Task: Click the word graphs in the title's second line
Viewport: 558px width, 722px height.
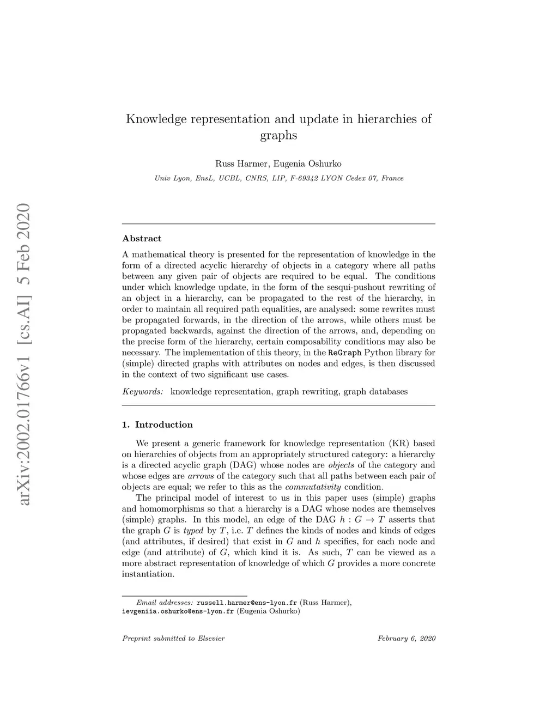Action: (278, 135)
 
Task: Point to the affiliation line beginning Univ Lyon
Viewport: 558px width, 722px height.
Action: (279, 178)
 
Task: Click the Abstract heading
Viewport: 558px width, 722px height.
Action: (142, 239)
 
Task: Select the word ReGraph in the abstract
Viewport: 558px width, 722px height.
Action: (345, 353)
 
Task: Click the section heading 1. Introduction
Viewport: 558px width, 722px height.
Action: (157, 424)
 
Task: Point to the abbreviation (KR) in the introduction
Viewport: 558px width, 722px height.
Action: (399, 444)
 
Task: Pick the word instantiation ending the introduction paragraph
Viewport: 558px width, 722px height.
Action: (148, 574)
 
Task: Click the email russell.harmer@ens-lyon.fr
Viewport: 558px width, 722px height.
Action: (246, 603)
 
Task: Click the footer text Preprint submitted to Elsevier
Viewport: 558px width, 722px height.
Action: (173, 639)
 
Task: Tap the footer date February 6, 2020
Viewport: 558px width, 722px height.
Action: (406, 639)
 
